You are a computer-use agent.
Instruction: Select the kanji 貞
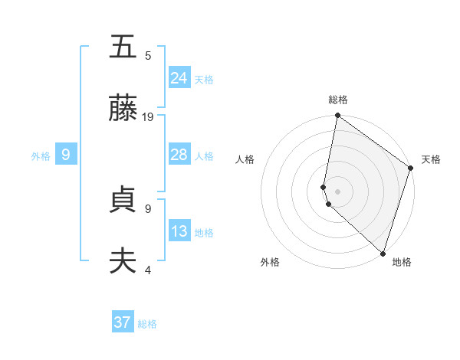[x=123, y=199]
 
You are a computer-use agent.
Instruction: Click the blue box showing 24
[x=179, y=77]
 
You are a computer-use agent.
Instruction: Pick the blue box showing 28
[x=179, y=155]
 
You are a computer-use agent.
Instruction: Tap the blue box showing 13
[x=179, y=231]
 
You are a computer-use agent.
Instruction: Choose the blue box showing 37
[x=123, y=322]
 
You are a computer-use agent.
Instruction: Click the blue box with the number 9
[x=66, y=155]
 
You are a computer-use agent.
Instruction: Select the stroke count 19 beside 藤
[x=149, y=117]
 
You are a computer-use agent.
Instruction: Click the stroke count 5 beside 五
[x=148, y=55]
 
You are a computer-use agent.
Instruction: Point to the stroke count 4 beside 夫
[x=148, y=270]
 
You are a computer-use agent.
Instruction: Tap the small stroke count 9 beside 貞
[x=148, y=208]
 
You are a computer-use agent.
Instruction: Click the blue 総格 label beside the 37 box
[x=147, y=324]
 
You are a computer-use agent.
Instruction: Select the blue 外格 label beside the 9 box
[x=41, y=155]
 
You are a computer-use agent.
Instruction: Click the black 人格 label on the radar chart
[x=245, y=159]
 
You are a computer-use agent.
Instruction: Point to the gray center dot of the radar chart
[x=337, y=191]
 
